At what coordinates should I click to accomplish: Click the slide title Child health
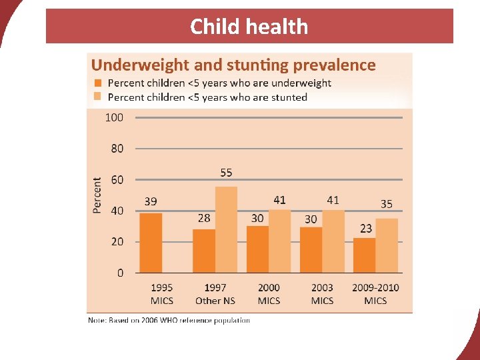[x=249, y=27]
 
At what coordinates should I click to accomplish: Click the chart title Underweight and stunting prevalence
[x=233, y=65]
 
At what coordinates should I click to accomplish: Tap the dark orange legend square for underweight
[x=99, y=83]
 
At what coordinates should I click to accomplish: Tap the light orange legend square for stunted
[x=99, y=97]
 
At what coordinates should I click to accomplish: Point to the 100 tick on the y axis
[x=115, y=117]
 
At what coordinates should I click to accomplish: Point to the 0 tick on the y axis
[x=119, y=273]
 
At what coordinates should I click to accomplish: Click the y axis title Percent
[x=97, y=195]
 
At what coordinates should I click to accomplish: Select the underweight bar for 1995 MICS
[x=151, y=243]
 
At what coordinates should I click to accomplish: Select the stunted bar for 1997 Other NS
[x=226, y=229]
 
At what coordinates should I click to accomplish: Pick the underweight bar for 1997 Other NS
[x=204, y=251]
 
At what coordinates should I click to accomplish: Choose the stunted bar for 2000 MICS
[x=279, y=241]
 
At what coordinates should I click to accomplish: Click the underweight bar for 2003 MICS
[x=311, y=249]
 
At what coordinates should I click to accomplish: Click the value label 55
[x=226, y=173]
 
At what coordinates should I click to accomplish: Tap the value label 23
[x=366, y=228]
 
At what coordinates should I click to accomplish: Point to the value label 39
[x=151, y=201]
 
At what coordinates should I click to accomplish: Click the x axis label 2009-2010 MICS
[x=375, y=294]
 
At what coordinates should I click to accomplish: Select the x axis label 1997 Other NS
[x=215, y=294]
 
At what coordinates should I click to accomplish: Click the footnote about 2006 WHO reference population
[x=169, y=321]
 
